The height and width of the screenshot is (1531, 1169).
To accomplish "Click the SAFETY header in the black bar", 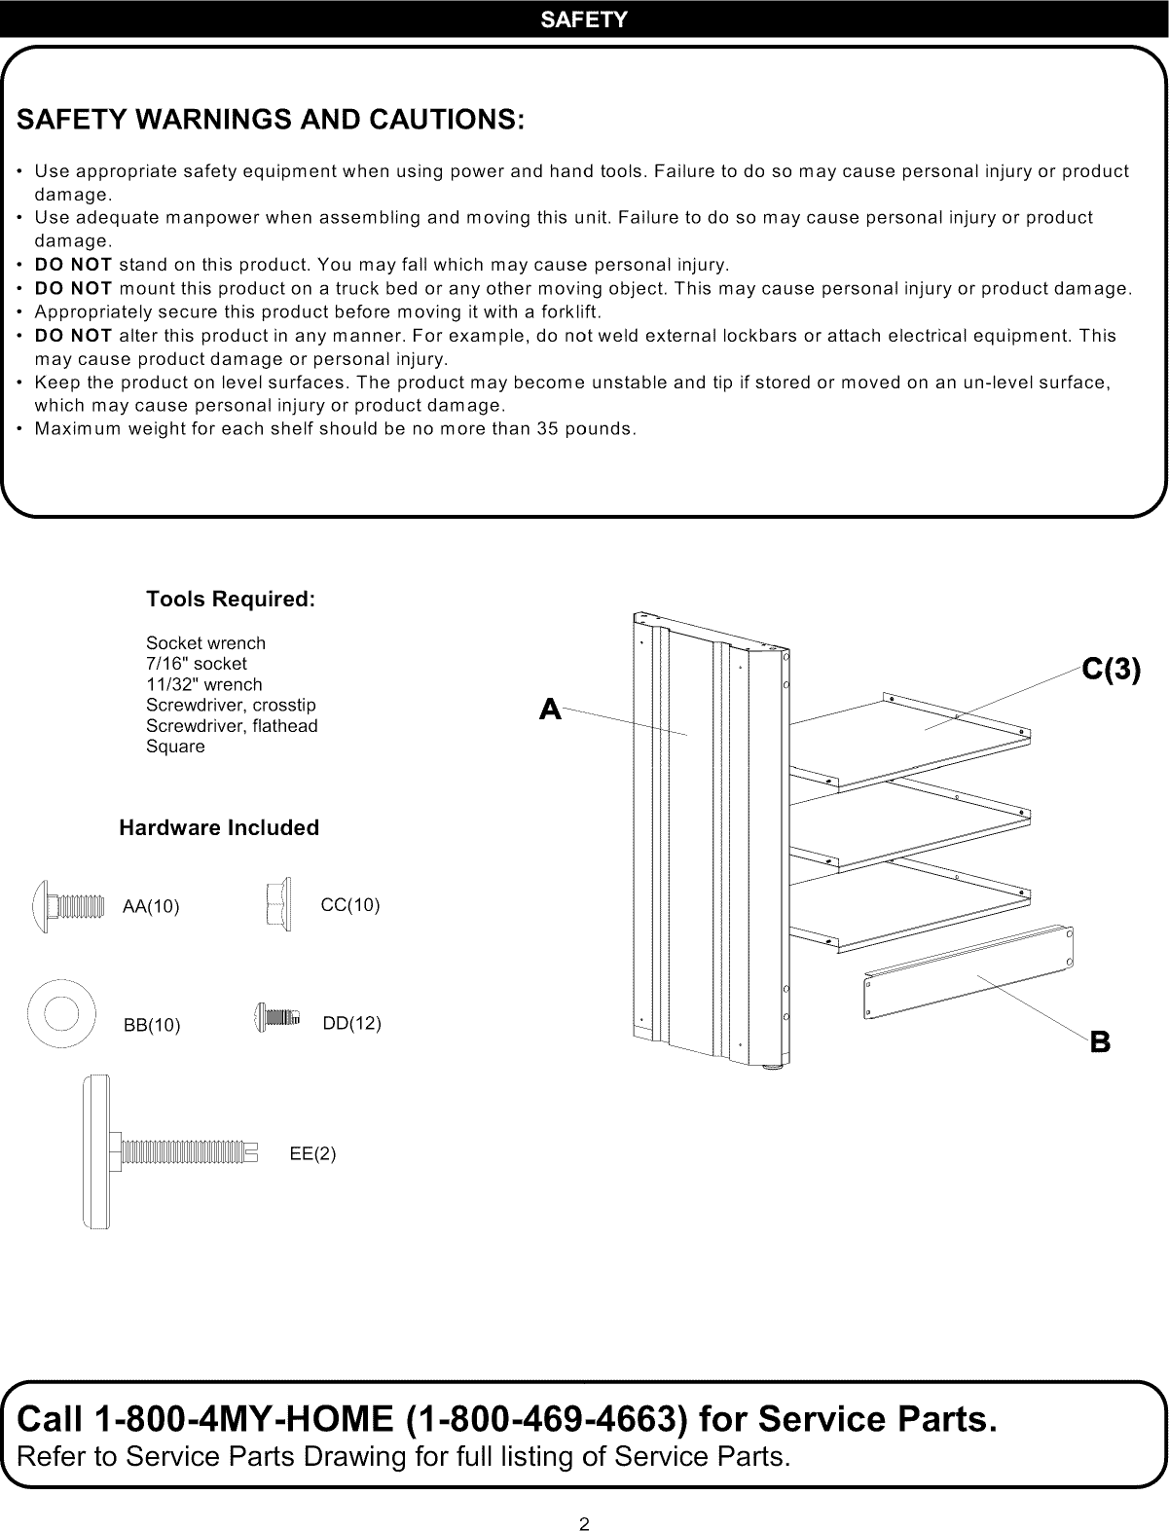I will coord(584,19).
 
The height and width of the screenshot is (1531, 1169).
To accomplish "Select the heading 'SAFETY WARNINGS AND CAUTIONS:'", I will coord(271,120).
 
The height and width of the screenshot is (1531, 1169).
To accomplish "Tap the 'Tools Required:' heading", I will coord(230,600).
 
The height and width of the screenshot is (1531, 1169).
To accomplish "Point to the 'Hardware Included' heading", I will coord(218,828).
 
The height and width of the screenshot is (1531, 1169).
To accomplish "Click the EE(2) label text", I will coord(312,1154).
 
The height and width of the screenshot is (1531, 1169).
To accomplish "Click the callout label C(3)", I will coord(1110,671).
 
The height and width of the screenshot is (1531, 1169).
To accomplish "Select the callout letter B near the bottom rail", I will coord(1100,1042).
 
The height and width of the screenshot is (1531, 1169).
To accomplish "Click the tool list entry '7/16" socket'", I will coord(196,664).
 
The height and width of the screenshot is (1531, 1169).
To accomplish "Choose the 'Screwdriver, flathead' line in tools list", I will coord(232,726).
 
